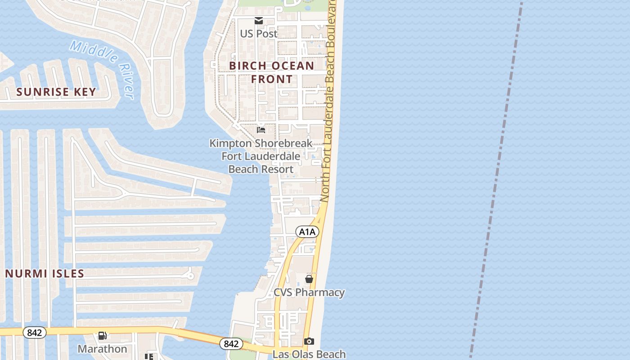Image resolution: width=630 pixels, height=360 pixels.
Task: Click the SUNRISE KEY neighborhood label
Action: pos(56,92)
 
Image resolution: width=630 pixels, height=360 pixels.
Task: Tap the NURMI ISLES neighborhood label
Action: pos(45,274)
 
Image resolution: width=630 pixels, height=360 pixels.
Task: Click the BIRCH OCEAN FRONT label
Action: pos(271,72)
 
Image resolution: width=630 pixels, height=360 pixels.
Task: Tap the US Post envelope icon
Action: pos(259,20)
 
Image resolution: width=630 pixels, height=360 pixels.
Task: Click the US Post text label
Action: pos(259,34)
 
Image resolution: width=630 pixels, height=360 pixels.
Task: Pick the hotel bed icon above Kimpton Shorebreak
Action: pos(261,130)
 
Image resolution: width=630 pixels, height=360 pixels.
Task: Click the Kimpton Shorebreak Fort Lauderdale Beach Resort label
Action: pos(261,156)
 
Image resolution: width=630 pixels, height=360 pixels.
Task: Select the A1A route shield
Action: pos(307,232)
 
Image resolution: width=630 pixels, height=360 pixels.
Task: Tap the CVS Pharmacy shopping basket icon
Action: pos(309,279)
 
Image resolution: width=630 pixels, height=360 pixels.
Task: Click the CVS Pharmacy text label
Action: pos(309,292)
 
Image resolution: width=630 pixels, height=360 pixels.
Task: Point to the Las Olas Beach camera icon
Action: pos(309,341)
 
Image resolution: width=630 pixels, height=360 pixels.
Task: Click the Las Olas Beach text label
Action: pos(309,354)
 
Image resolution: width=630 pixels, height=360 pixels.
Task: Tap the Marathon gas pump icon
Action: pos(103,336)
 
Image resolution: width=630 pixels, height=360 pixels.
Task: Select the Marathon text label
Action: pos(103,349)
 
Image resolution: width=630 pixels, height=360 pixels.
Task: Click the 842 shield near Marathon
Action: pos(34,333)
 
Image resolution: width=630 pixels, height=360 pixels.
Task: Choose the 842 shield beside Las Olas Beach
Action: pos(231,344)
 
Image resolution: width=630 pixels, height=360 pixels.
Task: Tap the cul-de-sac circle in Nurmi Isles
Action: pos(190,274)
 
